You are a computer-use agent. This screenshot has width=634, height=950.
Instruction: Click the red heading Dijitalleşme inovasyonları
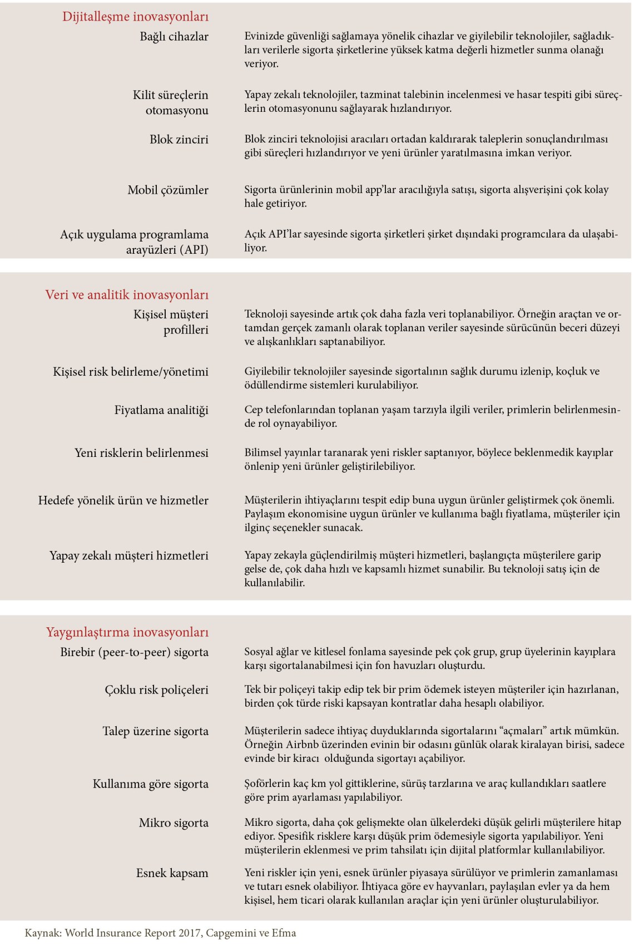coord(135,17)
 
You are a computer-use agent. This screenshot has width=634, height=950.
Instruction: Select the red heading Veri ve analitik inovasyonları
coord(127,294)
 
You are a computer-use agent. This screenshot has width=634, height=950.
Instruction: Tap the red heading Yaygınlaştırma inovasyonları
coord(127,632)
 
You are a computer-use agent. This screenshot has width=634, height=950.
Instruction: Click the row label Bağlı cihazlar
coord(174,37)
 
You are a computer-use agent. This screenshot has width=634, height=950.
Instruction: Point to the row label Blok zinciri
coord(179,139)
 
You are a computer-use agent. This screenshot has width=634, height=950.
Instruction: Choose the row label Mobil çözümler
coord(168,190)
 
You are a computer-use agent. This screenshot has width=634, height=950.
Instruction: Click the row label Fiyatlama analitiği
coord(161,410)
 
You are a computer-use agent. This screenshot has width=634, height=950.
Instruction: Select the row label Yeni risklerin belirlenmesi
coord(141,452)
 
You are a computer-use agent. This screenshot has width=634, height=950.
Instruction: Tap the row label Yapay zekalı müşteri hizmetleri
coord(129,555)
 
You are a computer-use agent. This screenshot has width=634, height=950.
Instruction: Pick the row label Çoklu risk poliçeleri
coord(156,690)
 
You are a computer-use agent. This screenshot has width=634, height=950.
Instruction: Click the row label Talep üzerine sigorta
coord(155,731)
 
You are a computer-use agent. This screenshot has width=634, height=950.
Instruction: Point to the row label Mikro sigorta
coord(174,823)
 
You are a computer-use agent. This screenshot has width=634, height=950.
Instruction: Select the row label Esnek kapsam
coord(172,873)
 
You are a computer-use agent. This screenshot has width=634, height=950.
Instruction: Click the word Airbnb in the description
coord(304,745)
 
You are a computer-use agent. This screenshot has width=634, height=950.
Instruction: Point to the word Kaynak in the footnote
coord(42,933)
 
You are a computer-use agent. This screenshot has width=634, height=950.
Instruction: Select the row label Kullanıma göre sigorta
coord(150,784)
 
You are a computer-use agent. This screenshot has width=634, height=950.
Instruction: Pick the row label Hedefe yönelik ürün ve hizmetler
coord(123,500)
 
